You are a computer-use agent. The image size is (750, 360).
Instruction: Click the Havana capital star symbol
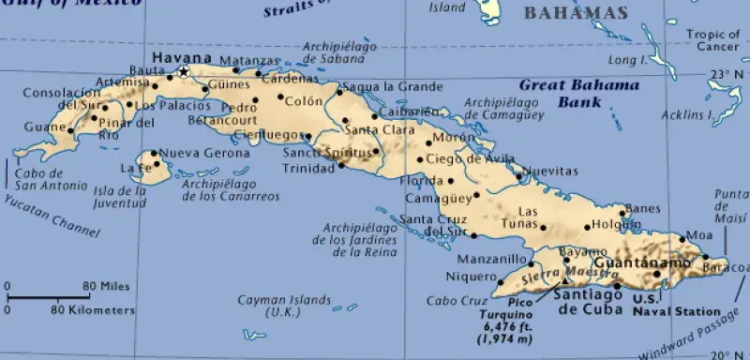(184, 71)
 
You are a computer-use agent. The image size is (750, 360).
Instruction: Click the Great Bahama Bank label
(578, 92)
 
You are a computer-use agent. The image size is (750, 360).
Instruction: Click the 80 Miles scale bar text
(104, 286)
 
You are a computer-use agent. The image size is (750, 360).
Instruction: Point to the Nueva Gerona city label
(191, 153)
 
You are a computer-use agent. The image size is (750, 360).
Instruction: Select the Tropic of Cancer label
(712, 41)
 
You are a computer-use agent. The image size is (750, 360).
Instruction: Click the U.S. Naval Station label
(677, 305)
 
